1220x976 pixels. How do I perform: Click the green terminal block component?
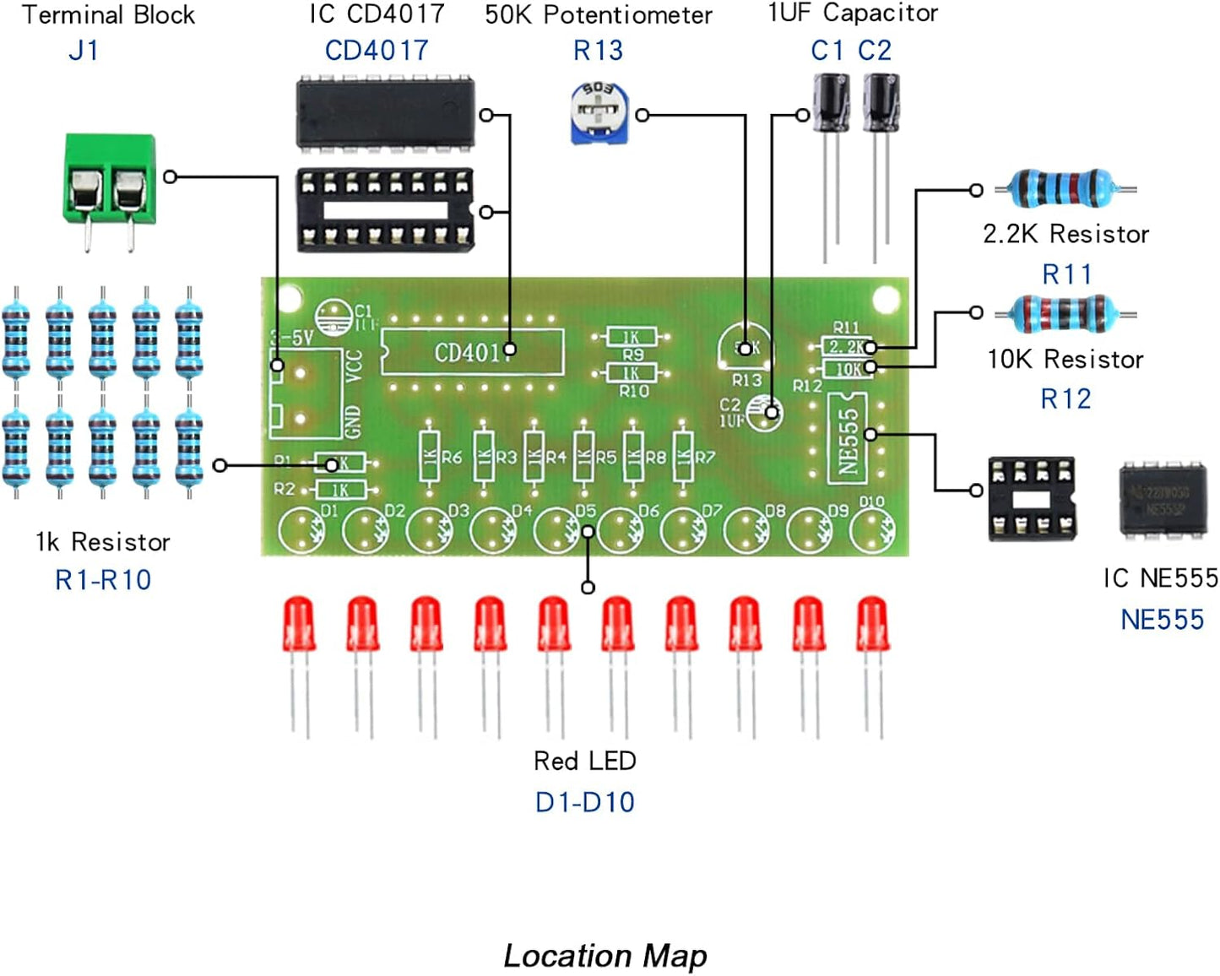[x=110, y=182]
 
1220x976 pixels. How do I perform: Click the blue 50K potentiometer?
[x=599, y=113]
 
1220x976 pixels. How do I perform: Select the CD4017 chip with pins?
[x=385, y=115]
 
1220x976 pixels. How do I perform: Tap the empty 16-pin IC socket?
[x=385, y=210]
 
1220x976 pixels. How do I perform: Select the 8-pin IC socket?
[x=1031, y=498]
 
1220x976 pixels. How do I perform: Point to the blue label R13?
[x=598, y=51]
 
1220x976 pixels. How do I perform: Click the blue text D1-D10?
[x=584, y=802]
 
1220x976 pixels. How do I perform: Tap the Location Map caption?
[x=605, y=956]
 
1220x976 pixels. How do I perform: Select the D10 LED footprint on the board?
[x=872, y=529]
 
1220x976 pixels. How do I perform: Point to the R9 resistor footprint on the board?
[x=631, y=338]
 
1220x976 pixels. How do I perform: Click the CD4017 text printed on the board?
[x=469, y=351]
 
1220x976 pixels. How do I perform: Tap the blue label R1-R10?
[x=102, y=580]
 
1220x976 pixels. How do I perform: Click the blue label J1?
[x=83, y=51]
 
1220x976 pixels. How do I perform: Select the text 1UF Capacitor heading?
[x=852, y=14]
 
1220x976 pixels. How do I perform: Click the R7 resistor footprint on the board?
[x=683, y=457]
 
